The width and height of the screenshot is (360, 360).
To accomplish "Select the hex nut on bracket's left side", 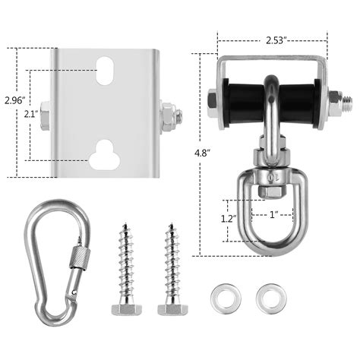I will coord(45,116).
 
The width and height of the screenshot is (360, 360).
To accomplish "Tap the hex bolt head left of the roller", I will coord(212,98).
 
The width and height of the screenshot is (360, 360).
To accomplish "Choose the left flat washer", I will coord(223,294).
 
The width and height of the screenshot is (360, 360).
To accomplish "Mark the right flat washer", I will coord(266,294).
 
